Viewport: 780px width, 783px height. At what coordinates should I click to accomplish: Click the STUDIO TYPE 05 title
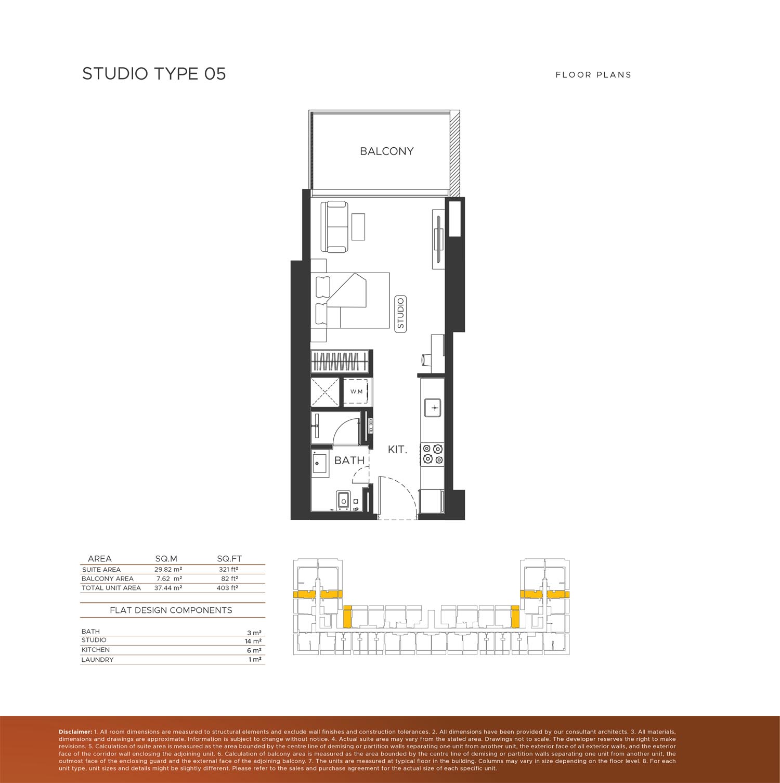click(154, 74)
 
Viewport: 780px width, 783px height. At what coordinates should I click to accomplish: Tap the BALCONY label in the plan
click(387, 151)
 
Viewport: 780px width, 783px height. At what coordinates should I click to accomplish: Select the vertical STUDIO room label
click(400, 313)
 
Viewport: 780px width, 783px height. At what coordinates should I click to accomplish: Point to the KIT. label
click(397, 450)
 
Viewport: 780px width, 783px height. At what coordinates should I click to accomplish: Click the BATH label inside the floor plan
click(349, 460)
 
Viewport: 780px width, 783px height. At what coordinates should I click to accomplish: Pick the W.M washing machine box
click(356, 391)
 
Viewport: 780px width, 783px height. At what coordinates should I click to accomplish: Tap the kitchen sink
click(433, 407)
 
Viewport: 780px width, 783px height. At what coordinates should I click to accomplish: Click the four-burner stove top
click(433, 454)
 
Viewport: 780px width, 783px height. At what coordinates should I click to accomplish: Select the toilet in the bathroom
click(343, 500)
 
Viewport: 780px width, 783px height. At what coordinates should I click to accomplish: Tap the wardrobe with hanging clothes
click(341, 361)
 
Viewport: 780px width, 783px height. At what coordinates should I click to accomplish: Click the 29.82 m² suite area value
click(168, 570)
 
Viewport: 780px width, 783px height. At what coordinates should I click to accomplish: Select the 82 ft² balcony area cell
click(229, 579)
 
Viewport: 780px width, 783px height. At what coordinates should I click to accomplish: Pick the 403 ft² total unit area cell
click(227, 588)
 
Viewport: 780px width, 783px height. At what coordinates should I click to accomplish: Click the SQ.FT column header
click(229, 559)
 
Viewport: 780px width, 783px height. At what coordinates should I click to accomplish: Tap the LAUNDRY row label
click(97, 660)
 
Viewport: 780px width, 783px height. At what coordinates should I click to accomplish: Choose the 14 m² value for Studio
click(253, 641)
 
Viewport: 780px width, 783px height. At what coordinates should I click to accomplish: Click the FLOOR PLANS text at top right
click(593, 75)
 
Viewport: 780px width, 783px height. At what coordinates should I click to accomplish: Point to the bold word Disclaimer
click(75, 732)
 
